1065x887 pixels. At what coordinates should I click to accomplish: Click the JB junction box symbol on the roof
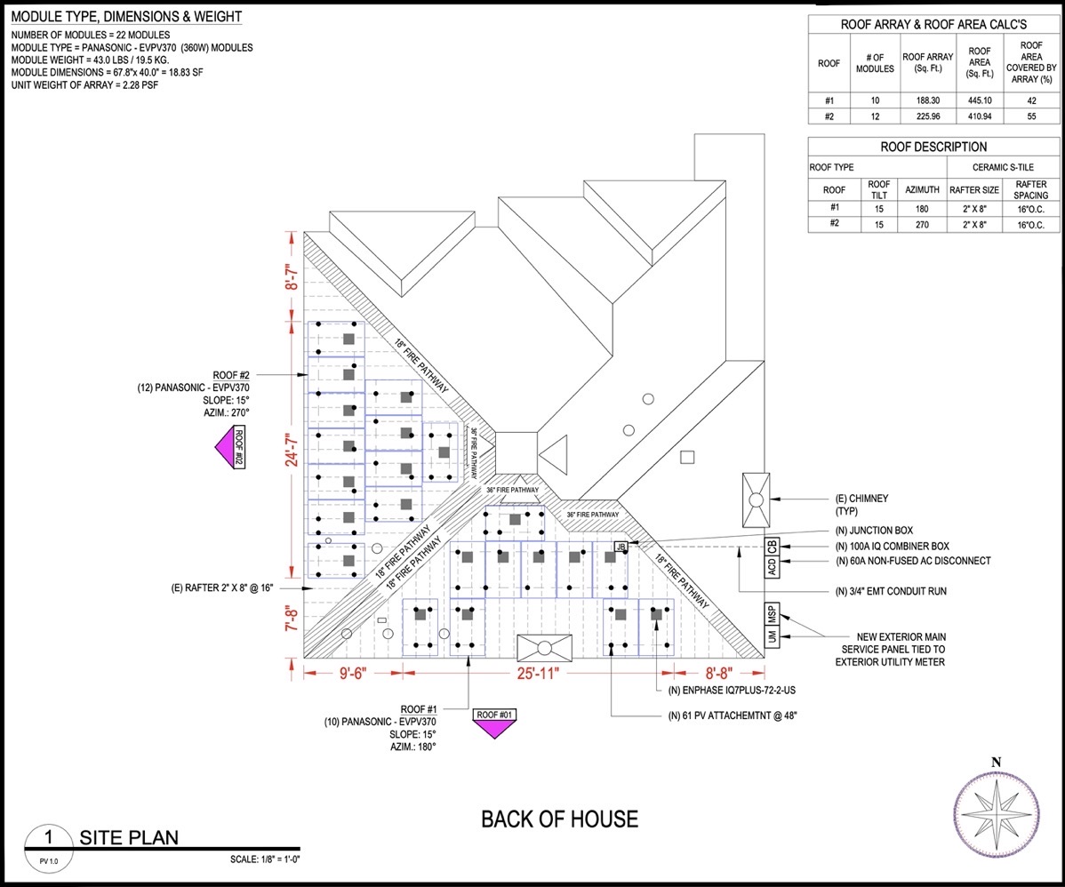click(621, 546)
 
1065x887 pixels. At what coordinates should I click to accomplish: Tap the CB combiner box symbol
click(772, 546)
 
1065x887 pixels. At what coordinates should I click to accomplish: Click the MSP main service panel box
click(772, 614)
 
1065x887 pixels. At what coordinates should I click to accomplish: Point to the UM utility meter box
click(772, 636)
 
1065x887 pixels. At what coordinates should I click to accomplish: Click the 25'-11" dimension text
click(538, 673)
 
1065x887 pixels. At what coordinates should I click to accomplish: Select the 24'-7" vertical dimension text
click(292, 450)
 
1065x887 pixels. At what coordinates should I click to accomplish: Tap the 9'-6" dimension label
click(353, 673)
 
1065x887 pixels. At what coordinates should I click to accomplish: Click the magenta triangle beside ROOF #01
click(493, 730)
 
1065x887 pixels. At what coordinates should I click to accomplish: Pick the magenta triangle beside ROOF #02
click(224, 448)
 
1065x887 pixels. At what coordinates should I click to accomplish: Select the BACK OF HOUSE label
click(560, 819)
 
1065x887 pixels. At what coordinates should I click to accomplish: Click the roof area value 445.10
click(980, 100)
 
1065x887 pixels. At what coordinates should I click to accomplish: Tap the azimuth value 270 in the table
click(922, 225)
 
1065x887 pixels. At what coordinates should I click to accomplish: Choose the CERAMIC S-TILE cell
click(1003, 167)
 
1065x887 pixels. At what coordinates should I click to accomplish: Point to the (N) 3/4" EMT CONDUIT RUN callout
click(891, 592)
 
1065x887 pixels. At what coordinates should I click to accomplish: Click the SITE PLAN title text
click(129, 837)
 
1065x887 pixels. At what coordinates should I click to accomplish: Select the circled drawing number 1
click(48, 836)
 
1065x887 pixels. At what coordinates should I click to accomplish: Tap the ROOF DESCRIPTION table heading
click(933, 147)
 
